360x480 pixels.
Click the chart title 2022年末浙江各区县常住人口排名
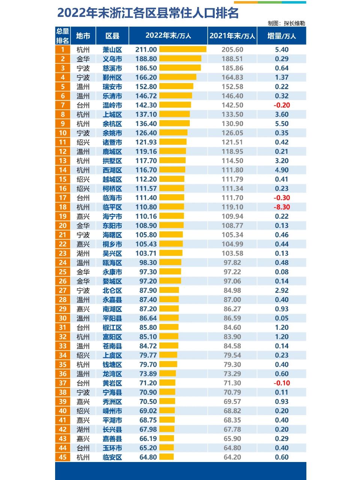pos(148,13)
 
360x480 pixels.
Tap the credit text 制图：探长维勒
pos(286,23)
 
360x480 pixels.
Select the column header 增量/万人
pos(281,36)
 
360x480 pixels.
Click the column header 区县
pos(112,36)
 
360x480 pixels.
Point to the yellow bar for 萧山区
pos(183,49)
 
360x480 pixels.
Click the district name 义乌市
pos(112,59)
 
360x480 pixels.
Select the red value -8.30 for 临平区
pos(281,207)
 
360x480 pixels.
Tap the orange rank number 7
pos(63,105)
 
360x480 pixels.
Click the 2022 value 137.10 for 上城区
pos(146,114)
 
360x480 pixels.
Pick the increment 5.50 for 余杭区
pos(281,124)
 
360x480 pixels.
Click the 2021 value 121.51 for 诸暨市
pos(232,142)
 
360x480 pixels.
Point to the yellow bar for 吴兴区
pos(171,253)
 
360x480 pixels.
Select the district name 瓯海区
pos(112,263)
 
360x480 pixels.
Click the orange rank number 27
pos(63,290)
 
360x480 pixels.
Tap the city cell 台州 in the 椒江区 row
pos(83,327)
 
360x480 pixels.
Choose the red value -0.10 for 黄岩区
pos(281,383)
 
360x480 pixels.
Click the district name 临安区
pos(112,457)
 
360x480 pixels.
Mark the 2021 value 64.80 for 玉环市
pos(232,448)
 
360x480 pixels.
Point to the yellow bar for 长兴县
pos(166,429)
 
